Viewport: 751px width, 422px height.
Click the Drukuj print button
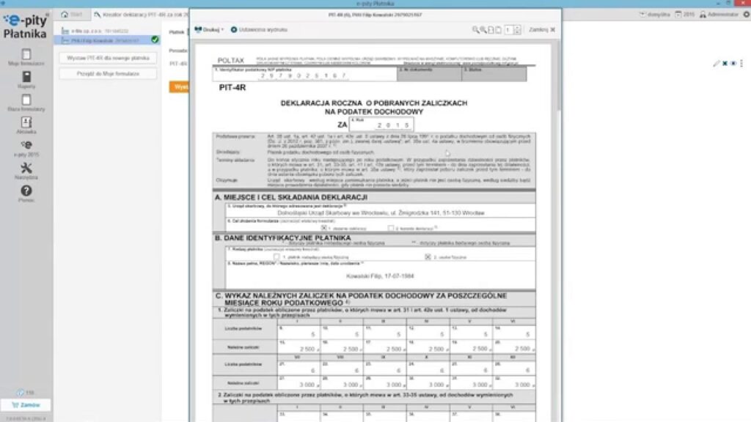[x=209, y=29]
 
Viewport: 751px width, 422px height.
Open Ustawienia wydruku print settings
[x=258, y=29]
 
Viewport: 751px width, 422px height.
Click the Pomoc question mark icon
[x=26, y=191]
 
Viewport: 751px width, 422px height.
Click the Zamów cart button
[x=26, y=404]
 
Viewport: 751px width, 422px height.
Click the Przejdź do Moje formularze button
[x=107, y=74]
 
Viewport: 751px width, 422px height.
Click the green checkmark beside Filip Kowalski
[x=155, y=40]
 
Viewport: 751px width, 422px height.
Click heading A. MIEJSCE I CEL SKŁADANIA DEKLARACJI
[x=290, y=198]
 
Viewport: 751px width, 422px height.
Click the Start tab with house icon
[x=72, y=14]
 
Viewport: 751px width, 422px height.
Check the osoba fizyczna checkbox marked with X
[x=428, y=257]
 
